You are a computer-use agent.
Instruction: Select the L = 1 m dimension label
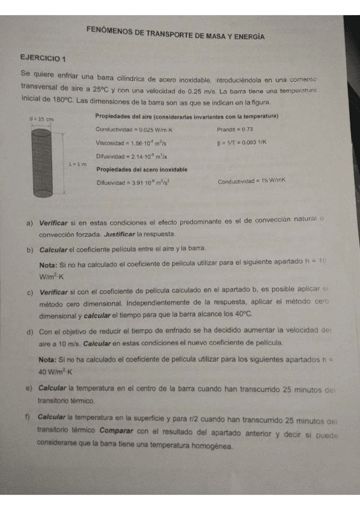point(78,163)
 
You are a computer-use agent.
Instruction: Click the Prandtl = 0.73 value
point(234,129)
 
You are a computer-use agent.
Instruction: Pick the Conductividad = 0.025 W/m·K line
point(134,129)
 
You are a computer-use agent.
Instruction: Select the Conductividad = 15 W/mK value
point(251,180)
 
